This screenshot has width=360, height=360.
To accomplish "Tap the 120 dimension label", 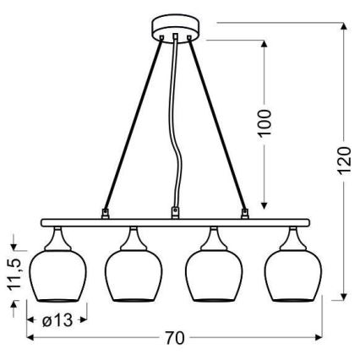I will tap(343, 160).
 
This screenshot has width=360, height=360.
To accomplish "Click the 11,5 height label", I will tap(14, 274).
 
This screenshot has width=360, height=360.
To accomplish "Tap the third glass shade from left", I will tap(214, 275).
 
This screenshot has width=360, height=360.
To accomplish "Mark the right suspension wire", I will tap(219, 127).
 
